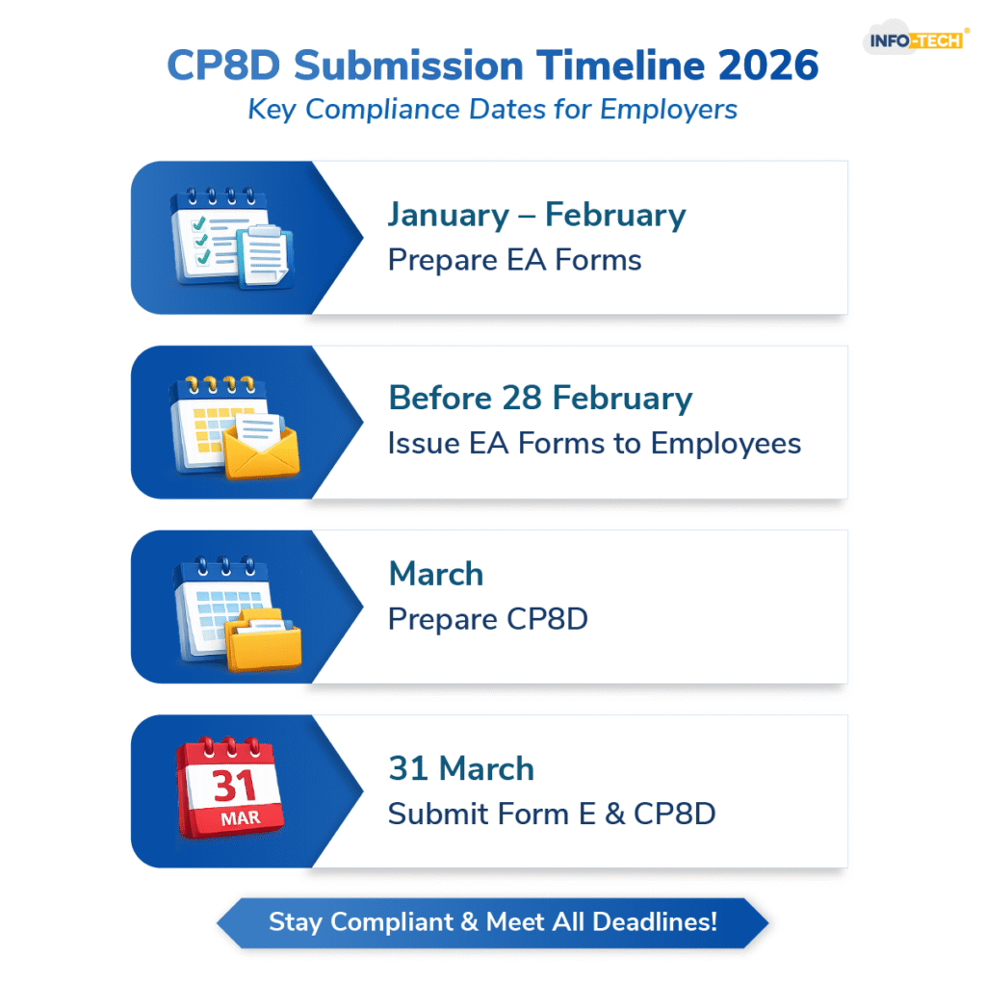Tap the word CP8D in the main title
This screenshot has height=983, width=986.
[224, 66]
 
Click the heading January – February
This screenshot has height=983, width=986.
[536, 215]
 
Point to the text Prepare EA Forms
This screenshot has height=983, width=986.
[514, 260]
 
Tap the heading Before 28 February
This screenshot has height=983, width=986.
[540, 399]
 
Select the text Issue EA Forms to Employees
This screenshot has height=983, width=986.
[594, 444]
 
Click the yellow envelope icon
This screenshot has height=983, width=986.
[263, 448]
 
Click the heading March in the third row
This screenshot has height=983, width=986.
[435, 574]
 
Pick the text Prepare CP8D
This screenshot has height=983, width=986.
[487, 619]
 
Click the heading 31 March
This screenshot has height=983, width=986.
[460, 768]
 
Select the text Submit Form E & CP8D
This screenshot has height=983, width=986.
[552, 814]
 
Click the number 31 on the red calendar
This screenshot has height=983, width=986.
[234, 786]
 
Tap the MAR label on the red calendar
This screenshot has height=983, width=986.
[234, 819]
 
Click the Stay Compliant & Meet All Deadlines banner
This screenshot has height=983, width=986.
[492, 921]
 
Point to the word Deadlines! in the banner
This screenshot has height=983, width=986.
[655, 921]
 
